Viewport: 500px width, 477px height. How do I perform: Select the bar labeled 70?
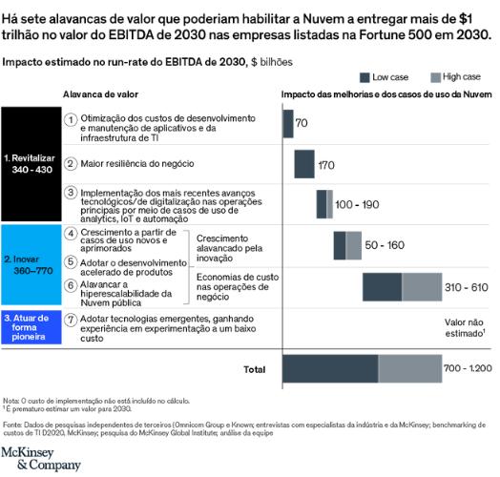pos(287,124)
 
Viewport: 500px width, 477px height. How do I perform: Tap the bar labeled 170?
pos(304,164)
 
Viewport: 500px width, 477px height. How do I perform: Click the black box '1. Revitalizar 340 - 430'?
pos(30,163)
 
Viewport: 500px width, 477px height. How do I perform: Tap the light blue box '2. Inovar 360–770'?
pos(30,264)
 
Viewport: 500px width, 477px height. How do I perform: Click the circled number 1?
pos(72,118)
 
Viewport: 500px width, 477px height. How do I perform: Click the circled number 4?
pos(72,233)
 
